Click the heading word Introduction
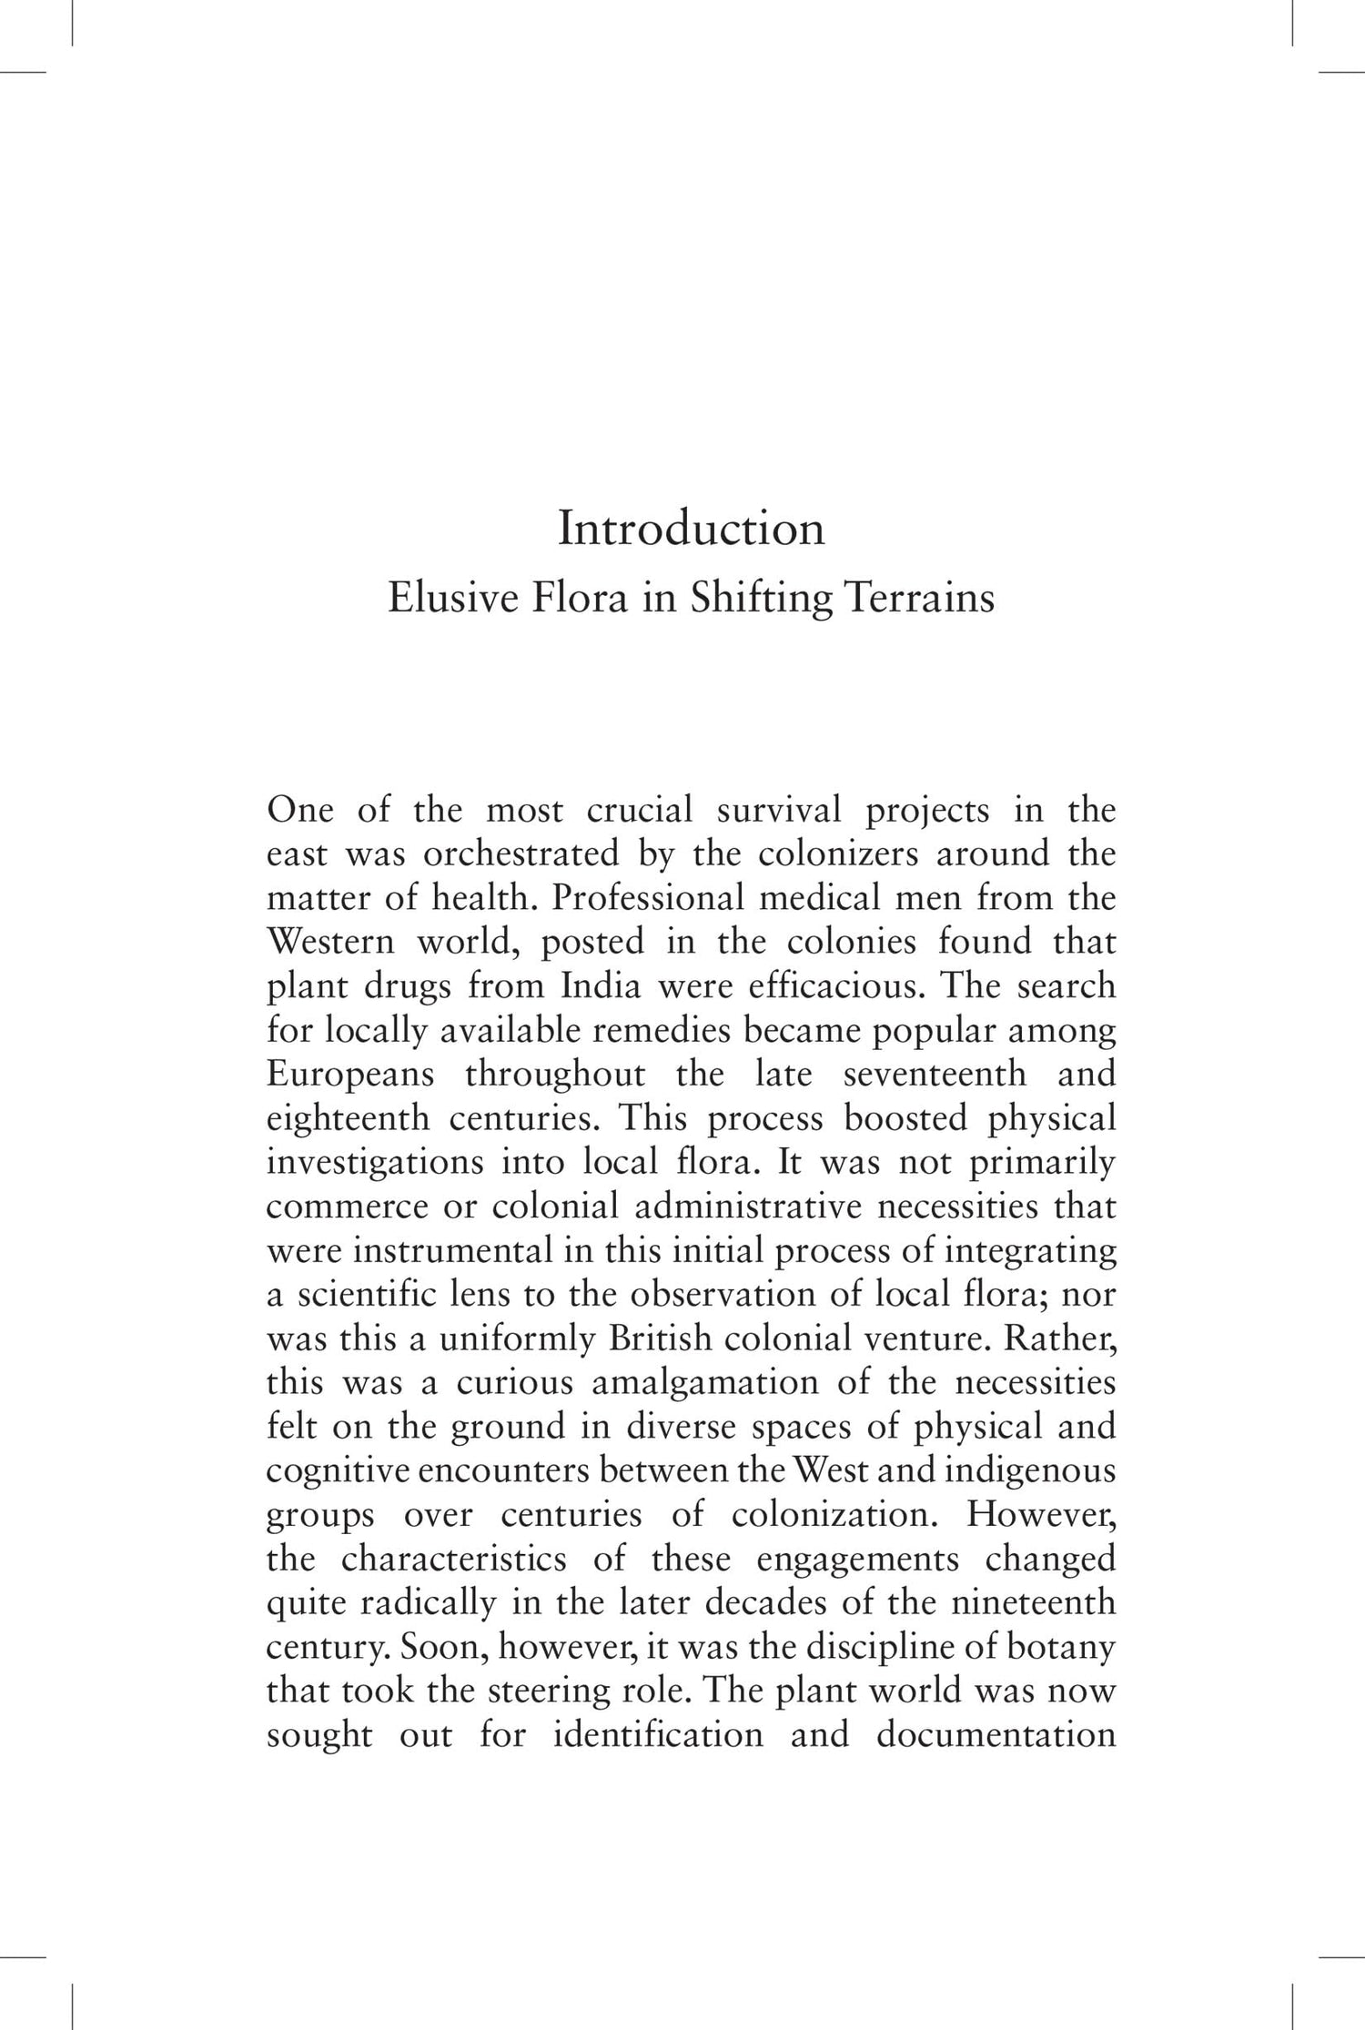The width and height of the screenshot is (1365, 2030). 691,529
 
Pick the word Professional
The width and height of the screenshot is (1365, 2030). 647,899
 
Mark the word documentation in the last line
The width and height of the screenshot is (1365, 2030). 996,1736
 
